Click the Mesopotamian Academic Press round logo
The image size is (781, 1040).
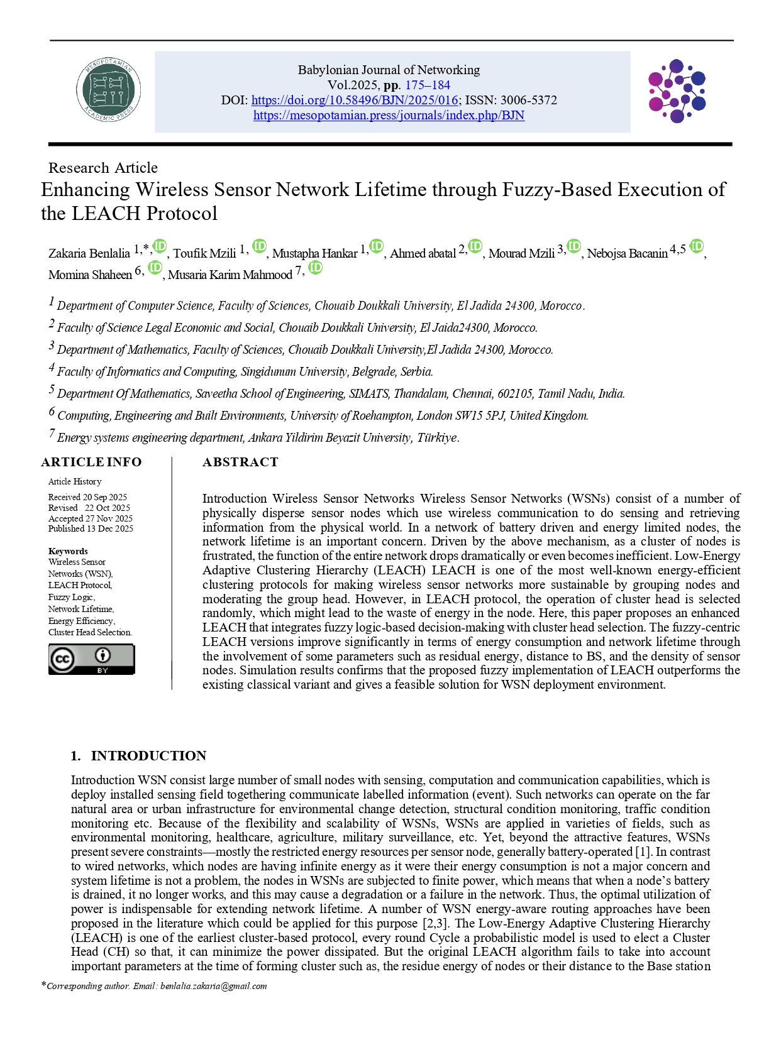click(x=108, y=90)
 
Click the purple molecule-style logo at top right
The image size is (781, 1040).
click(x=677, y=91)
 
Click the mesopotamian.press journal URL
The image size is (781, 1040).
click(x=389, y=115)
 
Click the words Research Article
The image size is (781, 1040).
click(x=103, y=168)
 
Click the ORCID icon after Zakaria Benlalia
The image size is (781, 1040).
click(x=160, y=246)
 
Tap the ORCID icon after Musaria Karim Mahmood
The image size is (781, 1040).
click(x=316, y=268)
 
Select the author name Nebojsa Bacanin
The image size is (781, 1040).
click(x=627, y=253)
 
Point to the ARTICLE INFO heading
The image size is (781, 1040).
click(x=92, y=462)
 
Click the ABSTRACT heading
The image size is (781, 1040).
click(x=240, y=462)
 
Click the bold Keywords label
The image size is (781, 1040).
click(x=68, y=551)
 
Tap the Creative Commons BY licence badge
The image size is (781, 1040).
click(x=92, y=659)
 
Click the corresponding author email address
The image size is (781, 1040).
click(x=213, y=986)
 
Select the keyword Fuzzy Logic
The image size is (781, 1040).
click(x=71, y=597)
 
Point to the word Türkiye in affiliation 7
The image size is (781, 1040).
click(x=438, y=437)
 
